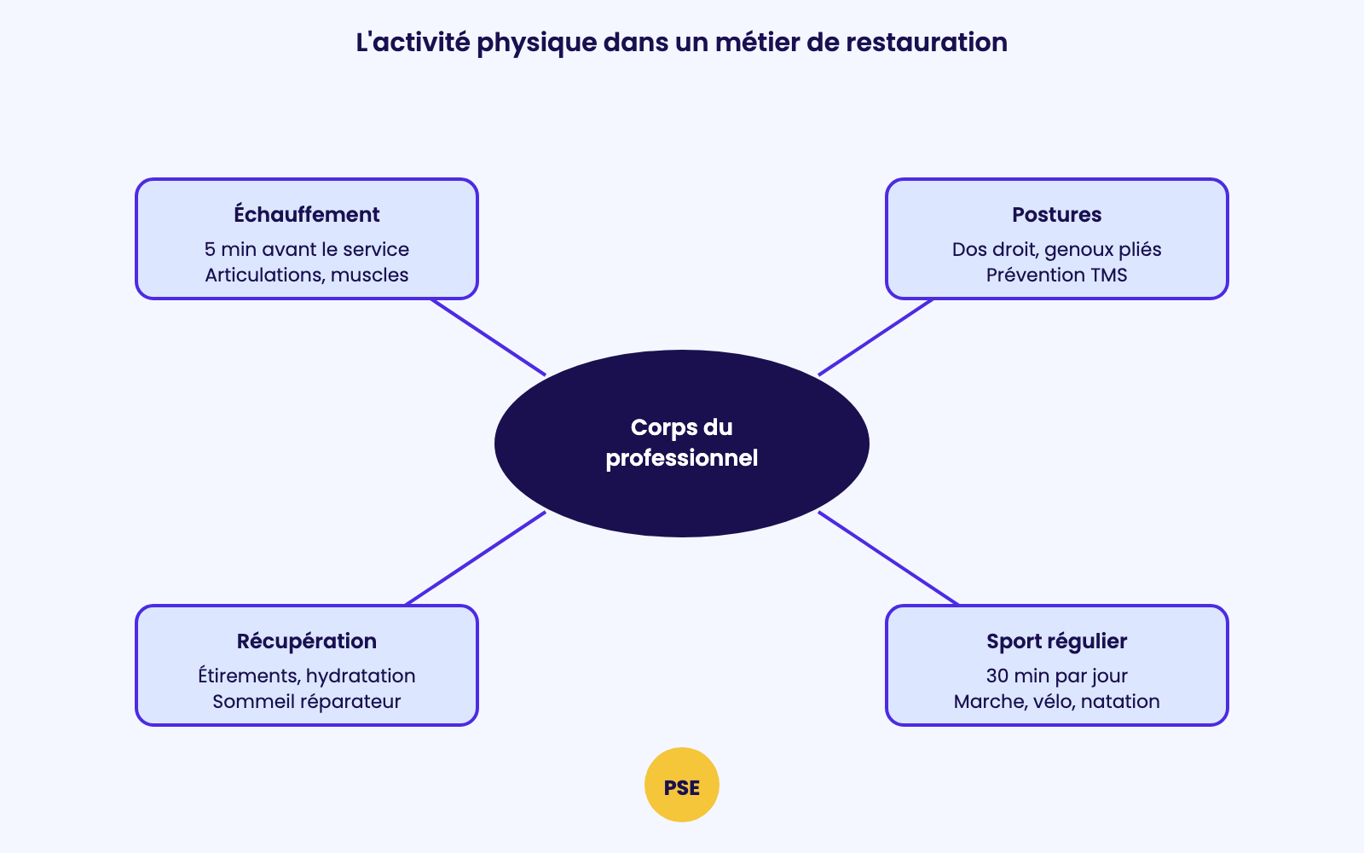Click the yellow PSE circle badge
(681, 785)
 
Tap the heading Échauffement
(306, 214)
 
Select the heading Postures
(1056, 214)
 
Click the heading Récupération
(306, 641)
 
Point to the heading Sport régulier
(1056, 641)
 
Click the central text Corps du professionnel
(681, 443)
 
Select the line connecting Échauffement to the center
(488, 337)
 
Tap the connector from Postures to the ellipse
(875, 337)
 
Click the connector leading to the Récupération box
(476, 558)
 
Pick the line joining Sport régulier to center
(888, 558)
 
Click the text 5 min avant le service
(306, 249)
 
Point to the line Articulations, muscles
(306, 275)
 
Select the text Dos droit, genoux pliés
(1056, 249)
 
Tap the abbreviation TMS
(1108, 275)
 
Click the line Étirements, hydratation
(306, 676)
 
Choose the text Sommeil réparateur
(306, 701)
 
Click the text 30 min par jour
(1056, 676)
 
